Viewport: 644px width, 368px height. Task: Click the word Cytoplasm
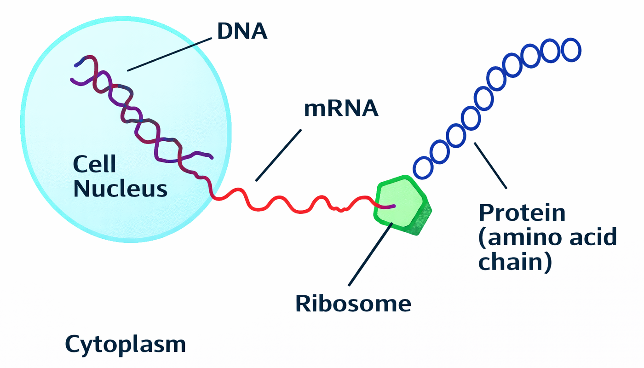pos(125,344)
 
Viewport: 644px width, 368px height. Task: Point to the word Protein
pos(522,213)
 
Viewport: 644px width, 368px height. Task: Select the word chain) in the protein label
pos(515,263)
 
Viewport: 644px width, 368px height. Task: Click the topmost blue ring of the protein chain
pos(570,49)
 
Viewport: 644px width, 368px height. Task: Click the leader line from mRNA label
pos(278,155)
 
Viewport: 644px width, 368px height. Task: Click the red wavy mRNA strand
pos(294,206)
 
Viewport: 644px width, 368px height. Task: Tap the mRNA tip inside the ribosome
pos(392,206)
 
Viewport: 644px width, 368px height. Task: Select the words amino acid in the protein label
pos(547,238)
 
